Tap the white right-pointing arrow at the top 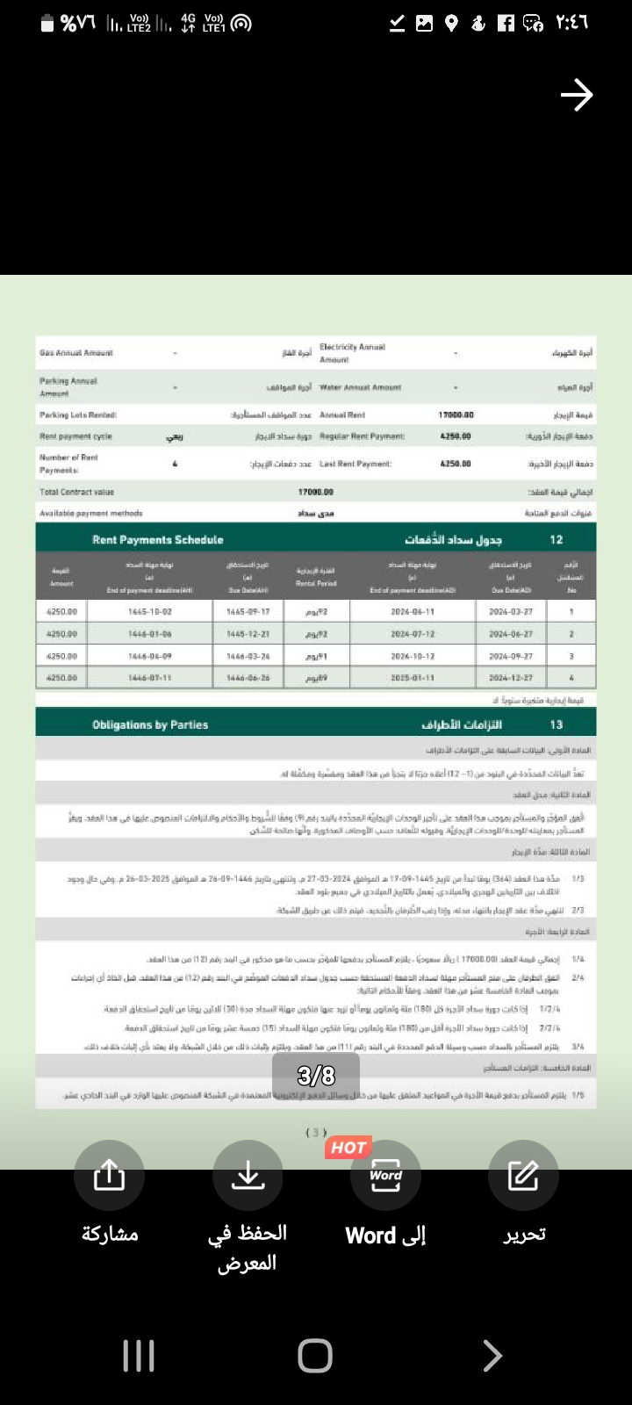(577, 95)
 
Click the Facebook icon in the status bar (506, 24)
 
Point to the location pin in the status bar (451, 24)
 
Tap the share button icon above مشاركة (109, 1175)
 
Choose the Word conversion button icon (385, 1175)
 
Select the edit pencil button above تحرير (523, 1175)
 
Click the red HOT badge (348, 1147)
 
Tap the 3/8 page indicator (316, 1075)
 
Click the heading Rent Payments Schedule (158, 540)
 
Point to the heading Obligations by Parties (150, 725)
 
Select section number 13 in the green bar (556, 725)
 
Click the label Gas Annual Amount (76, 353)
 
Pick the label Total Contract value (76, 492)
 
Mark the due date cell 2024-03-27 (511, 611)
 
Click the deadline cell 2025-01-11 (413, 678)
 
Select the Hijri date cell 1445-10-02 (150, 611)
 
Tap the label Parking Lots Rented (78, 414)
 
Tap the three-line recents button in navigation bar (139, 1356)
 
